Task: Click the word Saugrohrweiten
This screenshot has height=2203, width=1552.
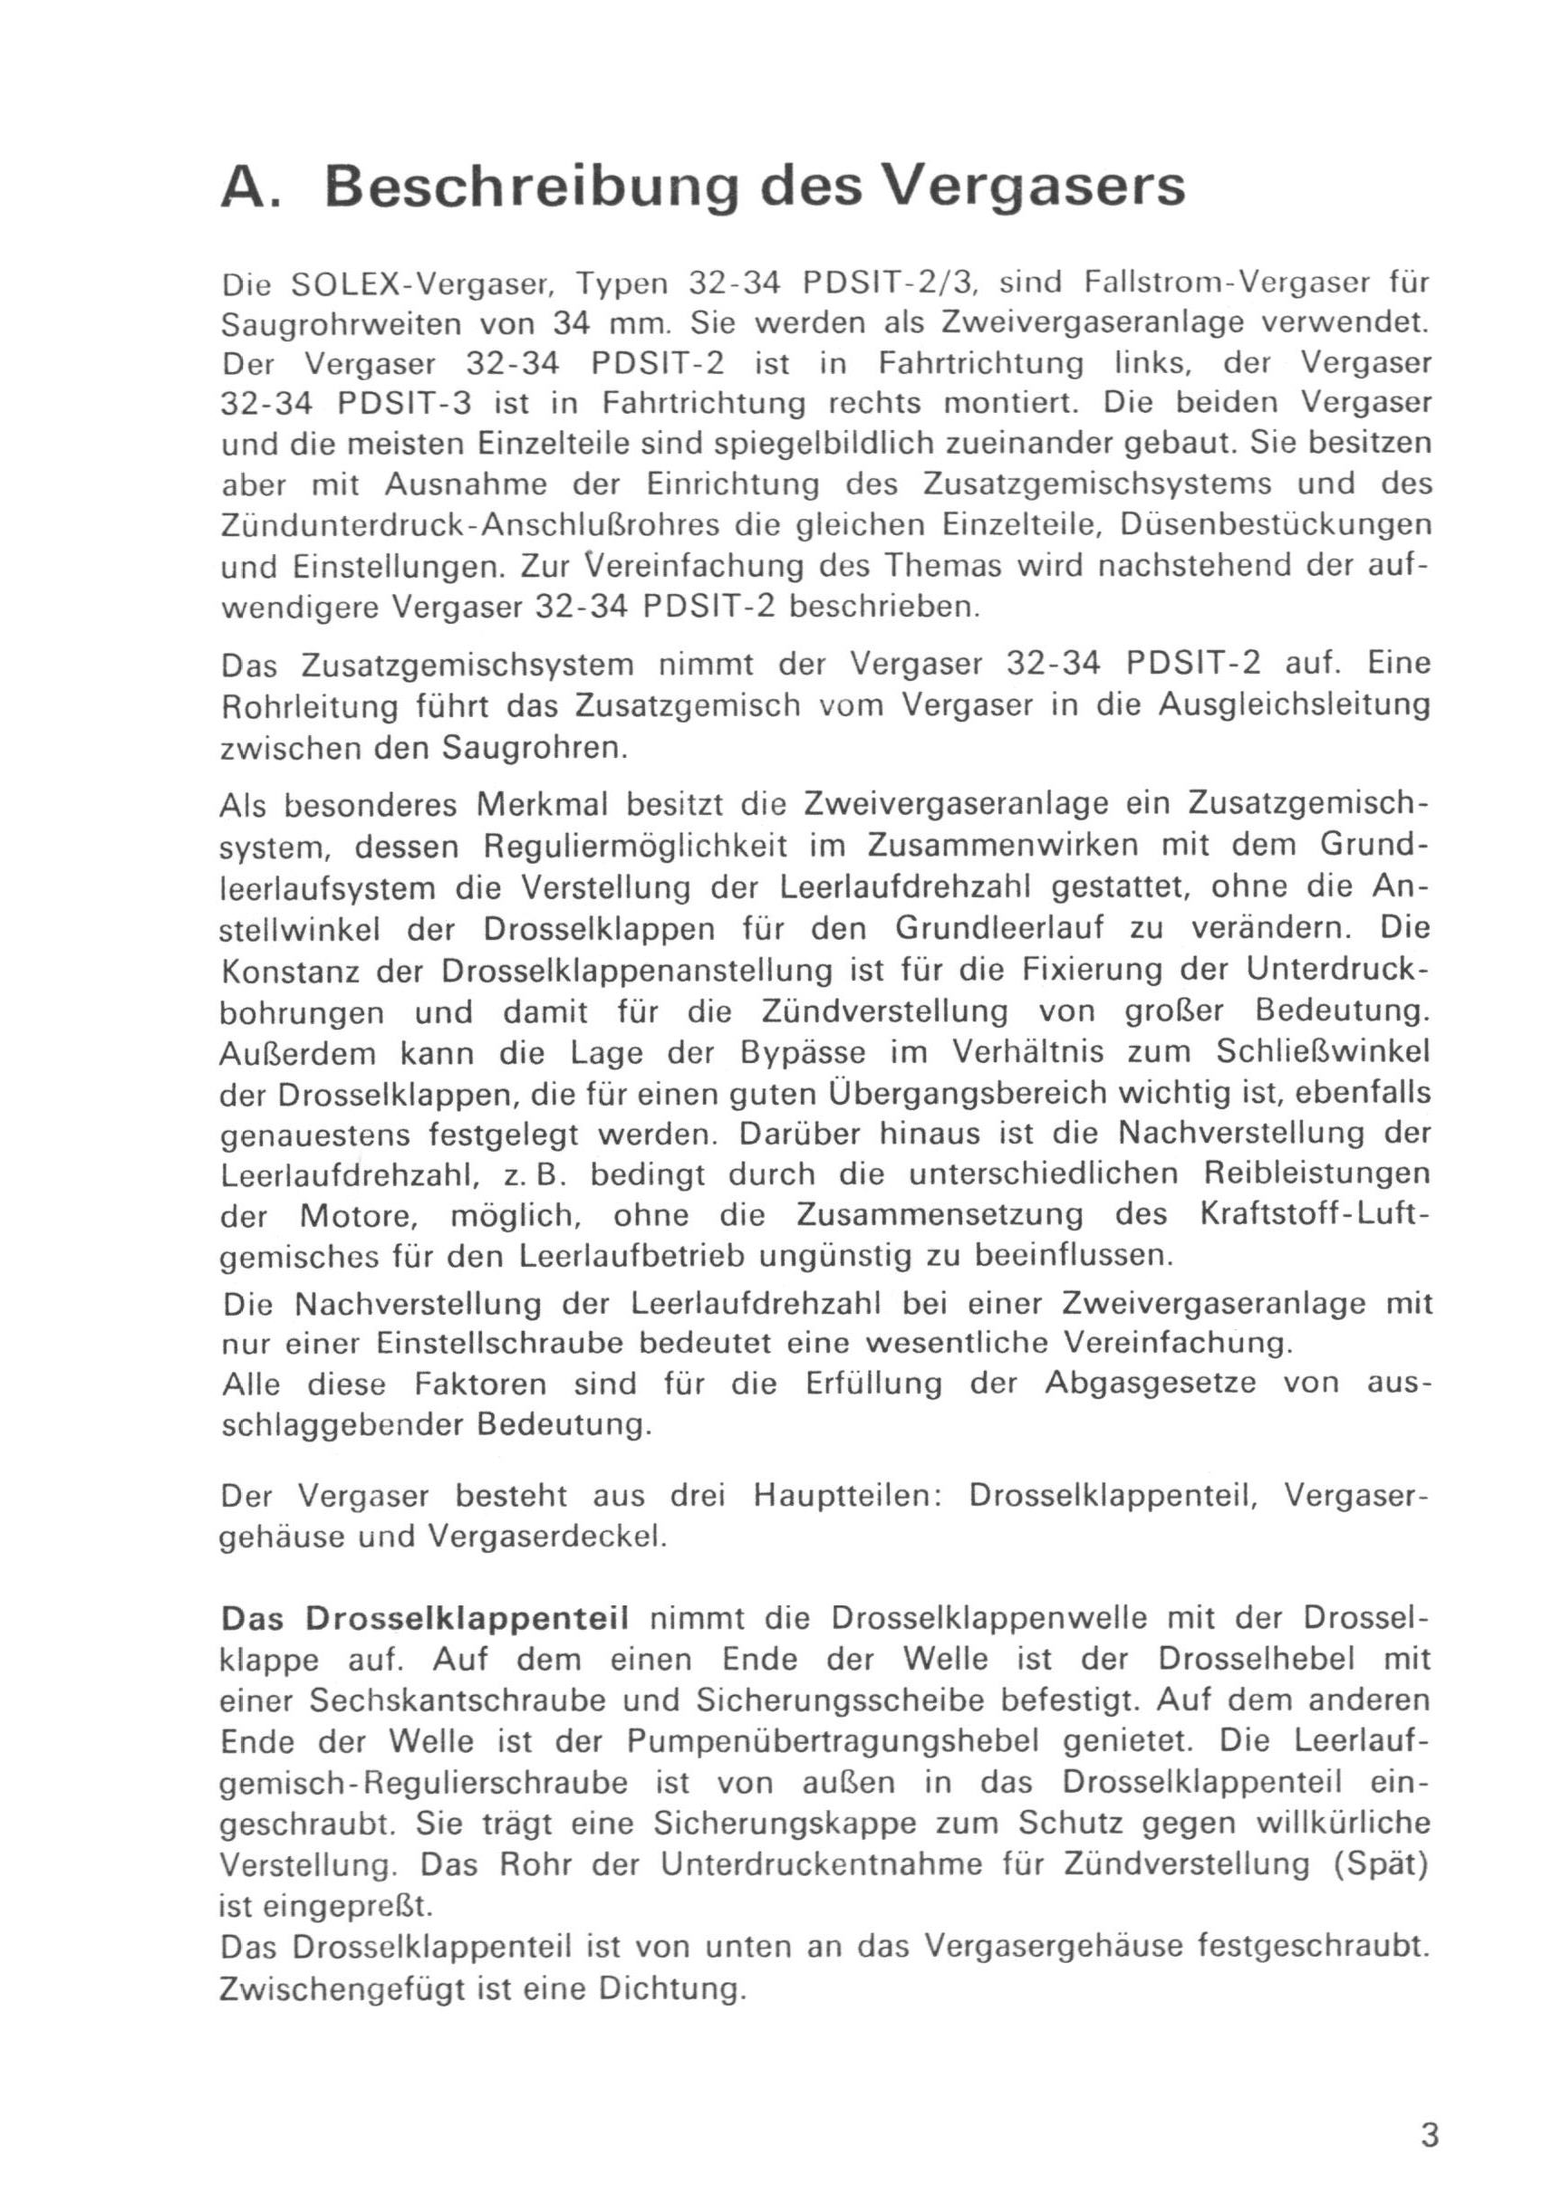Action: tap(346, 324)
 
